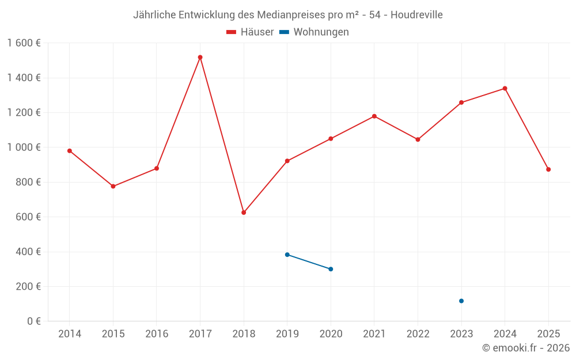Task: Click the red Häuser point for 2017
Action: [x=200, y=58]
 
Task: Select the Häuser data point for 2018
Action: [x=244, y=213]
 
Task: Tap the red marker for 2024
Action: [x=505, y=89]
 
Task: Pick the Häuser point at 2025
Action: [x=548, y=169]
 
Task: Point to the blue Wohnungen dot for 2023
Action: [x=461, y=301]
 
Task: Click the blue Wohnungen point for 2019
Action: [x=287, y=255]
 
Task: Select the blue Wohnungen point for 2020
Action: [x=331, y=269]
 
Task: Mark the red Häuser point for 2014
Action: [x=70, y=151]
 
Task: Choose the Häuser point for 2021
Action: [x=374, y=116]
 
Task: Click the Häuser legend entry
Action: [x=251, y=32]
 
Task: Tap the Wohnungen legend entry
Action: [x=314, y=32]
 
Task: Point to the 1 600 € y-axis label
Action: [x=24, y=43]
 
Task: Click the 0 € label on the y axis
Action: [x=33, y=321]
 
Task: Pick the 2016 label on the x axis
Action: [x=157, y=334]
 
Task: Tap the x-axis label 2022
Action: [x=418, y=334]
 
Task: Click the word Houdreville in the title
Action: [x=416, y=15]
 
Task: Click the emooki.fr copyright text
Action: [x=525, y=348]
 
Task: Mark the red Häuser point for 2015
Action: [x=113, y=187]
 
